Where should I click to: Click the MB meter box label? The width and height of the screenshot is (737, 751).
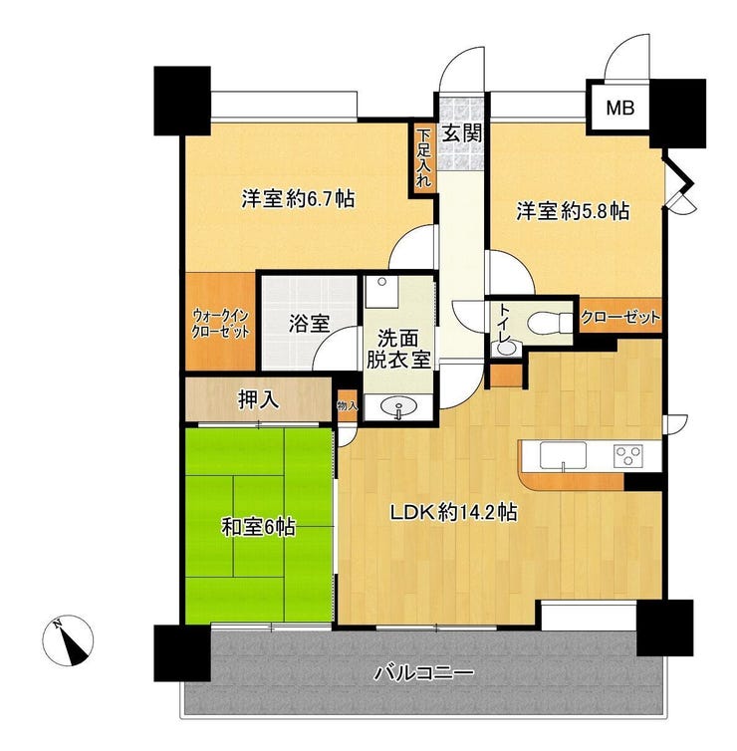pyautogui.click(x=620, y=109)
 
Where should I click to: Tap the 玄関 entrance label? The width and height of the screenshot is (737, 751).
pyautogui.click(x=461, y=133)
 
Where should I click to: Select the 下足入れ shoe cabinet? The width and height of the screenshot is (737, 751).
pyautogui.click(x=423, y=158)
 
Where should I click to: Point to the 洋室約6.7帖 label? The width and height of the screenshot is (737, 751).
pyautogui.click(x=298, y=199)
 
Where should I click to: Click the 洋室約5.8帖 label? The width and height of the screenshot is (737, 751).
pyautogui.click(x=573, y=211)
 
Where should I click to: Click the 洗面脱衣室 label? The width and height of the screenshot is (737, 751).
pyautogui.click(x=398, y=350)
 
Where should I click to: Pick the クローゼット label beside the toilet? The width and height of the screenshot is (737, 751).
pyautogui.click(x=620, y=317)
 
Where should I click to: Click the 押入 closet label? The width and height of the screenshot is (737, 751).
pyautogui.click(x=259, y=399)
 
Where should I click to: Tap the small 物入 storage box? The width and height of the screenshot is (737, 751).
pyautogui.click(x=348, y=406)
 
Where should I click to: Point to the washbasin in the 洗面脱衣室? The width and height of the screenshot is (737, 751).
pyautogui.click(x=398, y=407)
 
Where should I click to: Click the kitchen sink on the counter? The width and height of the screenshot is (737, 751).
pyautogui.click(x=563, y=455)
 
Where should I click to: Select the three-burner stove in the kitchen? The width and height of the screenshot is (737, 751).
pyautogui.click(x=627, y=456)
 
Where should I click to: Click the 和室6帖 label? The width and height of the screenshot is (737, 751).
pyautogui.click(x=258, y=527)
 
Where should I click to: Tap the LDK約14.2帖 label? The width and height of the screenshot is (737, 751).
pyautogui.click(x=454, y=513)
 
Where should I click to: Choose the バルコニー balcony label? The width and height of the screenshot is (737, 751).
pyautogui.click(x=424, y=673)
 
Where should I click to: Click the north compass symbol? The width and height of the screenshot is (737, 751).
pyautogui.click(x=68, y=640)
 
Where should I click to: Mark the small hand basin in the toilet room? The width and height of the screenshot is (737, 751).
pyautogui.click(x=505, y=349)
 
